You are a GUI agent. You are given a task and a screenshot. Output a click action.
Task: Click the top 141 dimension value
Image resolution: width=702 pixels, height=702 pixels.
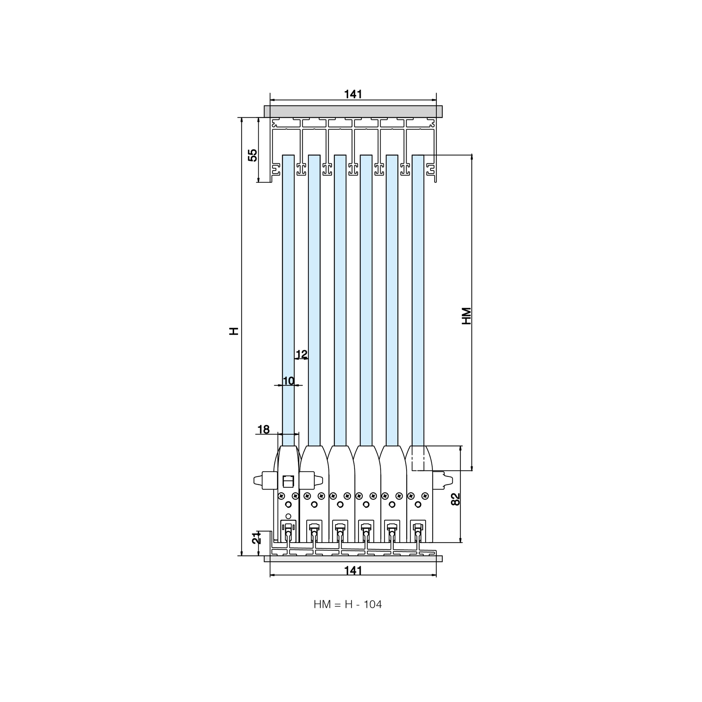pos(353,94)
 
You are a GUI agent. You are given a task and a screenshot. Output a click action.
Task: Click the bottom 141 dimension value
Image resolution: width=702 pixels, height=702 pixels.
pos(353,570)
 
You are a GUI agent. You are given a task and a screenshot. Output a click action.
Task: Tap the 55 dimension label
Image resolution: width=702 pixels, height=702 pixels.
pos(253,155)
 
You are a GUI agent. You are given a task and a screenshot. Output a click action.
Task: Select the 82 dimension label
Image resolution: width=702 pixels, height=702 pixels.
pos(455,499)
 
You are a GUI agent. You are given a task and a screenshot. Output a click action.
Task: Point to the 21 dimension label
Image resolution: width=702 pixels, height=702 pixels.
pos(256,538)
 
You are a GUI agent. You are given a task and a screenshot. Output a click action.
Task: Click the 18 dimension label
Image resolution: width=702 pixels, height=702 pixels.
pos(263,430)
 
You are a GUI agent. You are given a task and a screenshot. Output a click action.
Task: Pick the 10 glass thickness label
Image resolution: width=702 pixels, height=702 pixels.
pos(289,381)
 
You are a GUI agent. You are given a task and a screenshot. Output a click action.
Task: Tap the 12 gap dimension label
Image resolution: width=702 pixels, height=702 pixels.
pos(302,354)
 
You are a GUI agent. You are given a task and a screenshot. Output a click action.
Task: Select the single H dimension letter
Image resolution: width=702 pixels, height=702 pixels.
pos(234,331)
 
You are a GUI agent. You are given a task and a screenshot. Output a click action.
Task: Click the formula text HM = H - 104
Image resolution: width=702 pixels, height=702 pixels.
pos(348,604)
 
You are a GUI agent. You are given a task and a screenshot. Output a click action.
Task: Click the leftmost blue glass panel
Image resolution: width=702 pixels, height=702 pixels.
pos(288,300)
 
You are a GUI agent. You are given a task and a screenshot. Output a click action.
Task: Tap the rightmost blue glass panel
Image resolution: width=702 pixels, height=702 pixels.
pos(418,300)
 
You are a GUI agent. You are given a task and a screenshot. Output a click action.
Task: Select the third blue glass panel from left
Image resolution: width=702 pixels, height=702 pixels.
pos(340,300)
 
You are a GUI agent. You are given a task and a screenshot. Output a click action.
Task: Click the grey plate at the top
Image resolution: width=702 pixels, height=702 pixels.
pos(353,111)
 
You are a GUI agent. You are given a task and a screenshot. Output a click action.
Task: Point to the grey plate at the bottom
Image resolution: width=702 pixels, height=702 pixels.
pos(353,558)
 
